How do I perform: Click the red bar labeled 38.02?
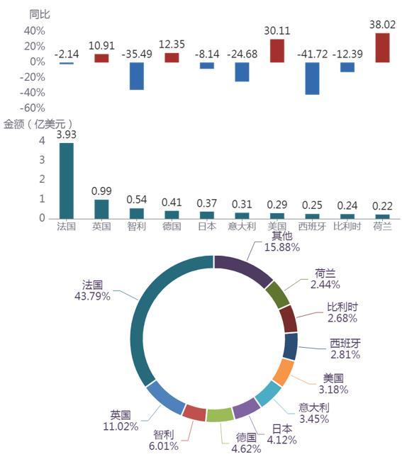click(382, 47)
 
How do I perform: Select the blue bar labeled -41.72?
click(312, 79)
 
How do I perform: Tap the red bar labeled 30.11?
click(277, 50)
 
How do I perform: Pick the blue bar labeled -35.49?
click(137, 76)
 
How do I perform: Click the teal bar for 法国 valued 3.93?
click(67, 181)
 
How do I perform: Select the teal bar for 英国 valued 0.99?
click(101, 209)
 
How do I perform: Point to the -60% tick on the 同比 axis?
click(33, 108)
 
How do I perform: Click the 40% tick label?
click(35, 30)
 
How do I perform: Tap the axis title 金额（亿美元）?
click(38, 125)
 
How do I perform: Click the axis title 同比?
click(40, 14)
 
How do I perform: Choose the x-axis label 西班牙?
click(312, 226)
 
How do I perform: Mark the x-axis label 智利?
click(137, 226)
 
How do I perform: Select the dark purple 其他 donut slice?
click(245, 268)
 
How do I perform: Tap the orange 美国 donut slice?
click(284, 373)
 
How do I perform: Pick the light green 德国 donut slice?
click(220, 415)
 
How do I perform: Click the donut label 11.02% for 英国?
click(121, 426)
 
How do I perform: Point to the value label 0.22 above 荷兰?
click(382, 206)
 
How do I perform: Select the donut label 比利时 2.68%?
click(342, 312)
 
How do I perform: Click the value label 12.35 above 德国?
click(172, 45)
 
